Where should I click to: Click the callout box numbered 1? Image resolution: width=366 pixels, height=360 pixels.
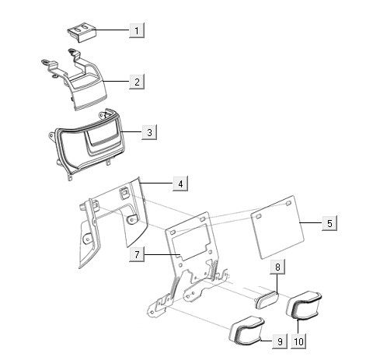(x=137, y=30)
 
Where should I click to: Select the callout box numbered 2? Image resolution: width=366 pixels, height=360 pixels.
(x=137, y=82)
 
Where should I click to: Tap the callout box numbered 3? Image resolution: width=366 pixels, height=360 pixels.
(x=149, y=132)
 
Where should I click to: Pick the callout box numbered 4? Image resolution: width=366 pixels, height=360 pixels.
(x=180, y=183)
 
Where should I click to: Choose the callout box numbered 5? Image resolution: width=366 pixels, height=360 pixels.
(x=329, y=223)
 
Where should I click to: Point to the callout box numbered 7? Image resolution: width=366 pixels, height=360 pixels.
(x=137, y=254)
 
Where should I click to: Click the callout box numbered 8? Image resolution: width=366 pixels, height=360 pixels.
(x=277, y=267)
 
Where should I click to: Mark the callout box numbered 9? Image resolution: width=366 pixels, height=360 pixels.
(x=280, y=341)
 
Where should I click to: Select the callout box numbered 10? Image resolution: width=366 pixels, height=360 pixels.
(x=298, y=341)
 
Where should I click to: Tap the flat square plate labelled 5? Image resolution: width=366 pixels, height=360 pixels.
(x=277, y=227)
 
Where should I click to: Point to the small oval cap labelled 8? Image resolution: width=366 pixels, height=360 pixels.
(x=267, y=299)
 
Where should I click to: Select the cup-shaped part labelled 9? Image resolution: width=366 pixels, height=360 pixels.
(x=246, y=331)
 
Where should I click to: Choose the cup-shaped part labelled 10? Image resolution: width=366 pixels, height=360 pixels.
(x=304, y=305)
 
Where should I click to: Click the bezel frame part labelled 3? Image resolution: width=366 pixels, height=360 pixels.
(x=87, y=145)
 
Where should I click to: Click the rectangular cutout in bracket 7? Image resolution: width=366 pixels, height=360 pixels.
(x=191, y=242)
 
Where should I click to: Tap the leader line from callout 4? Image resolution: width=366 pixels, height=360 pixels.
(x=156, y=183)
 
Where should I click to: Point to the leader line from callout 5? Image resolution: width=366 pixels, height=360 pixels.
(x=311, y=222)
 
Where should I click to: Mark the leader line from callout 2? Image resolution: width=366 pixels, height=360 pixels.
(x=116, y=81)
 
